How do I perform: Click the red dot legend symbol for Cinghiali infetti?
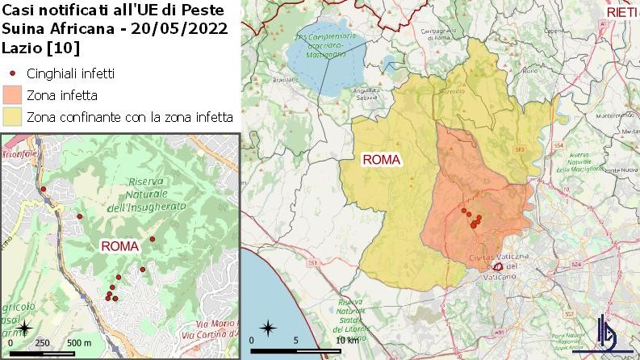13,73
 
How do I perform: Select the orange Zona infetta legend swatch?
13,94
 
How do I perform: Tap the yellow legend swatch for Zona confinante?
13,117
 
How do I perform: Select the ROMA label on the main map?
382,159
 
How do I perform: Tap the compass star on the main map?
269,329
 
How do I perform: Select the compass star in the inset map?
25,328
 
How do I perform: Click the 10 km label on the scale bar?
346,340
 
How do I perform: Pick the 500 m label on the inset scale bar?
78,343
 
